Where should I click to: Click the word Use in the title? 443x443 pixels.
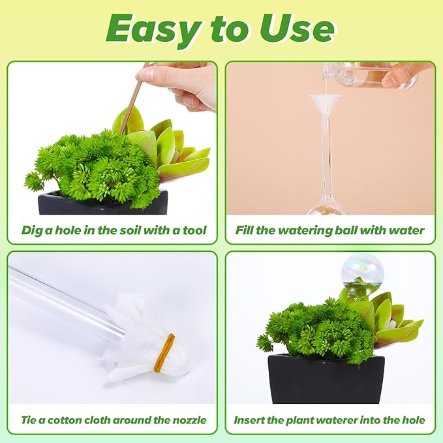tap(297, 29)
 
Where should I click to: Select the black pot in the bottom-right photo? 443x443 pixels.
tap(326, 378)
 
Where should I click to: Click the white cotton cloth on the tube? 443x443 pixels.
tap(144, 339)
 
